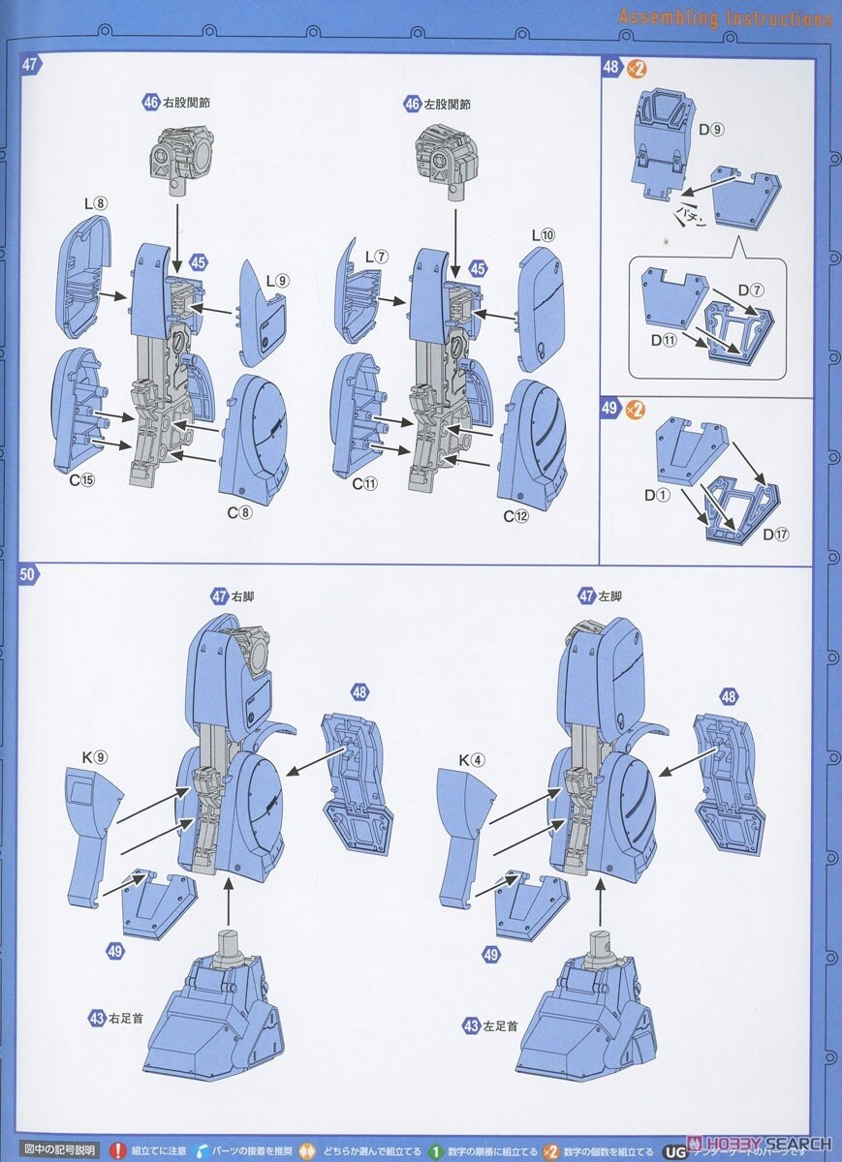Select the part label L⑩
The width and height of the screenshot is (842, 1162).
pyautogui.click(x=542, y=235)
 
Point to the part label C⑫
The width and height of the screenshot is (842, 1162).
pyautogui.click(x=515, y=516)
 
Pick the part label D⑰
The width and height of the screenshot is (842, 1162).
pyautogui.click(x=774, y=534)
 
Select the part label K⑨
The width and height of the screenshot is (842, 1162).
pyautogui.click(x=94, y=757)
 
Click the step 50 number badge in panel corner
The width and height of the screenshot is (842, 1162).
pyautogui.click(x=28, y=574)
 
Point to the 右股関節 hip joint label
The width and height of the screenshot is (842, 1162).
pyautogui.click(x=177, y=103)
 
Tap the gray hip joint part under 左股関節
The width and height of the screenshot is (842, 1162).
pyautogui.click(x=449, y=155)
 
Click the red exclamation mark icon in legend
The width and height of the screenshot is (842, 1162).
pyautogui.click(x=118, y=1150)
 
